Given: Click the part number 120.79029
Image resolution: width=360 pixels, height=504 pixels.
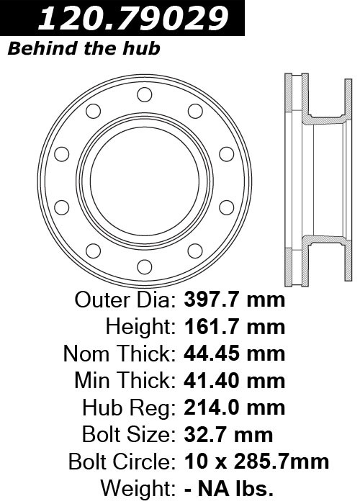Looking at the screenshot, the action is click(133, 18).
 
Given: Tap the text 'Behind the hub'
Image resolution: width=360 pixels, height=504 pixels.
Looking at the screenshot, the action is click(84, 48).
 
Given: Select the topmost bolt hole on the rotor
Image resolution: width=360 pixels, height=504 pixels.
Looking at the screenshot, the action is click(144, 94).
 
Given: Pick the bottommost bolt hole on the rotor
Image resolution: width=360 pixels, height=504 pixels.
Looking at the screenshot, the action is click(144, 267).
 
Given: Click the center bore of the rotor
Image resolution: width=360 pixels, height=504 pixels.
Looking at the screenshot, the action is click(144, 181).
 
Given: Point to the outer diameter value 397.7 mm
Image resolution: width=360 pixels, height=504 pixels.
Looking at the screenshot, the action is click(234, 300).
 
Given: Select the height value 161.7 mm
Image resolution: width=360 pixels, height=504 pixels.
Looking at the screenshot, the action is click(234, 327).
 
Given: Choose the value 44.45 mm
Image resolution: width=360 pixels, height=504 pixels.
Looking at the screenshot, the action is click(234, 354).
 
